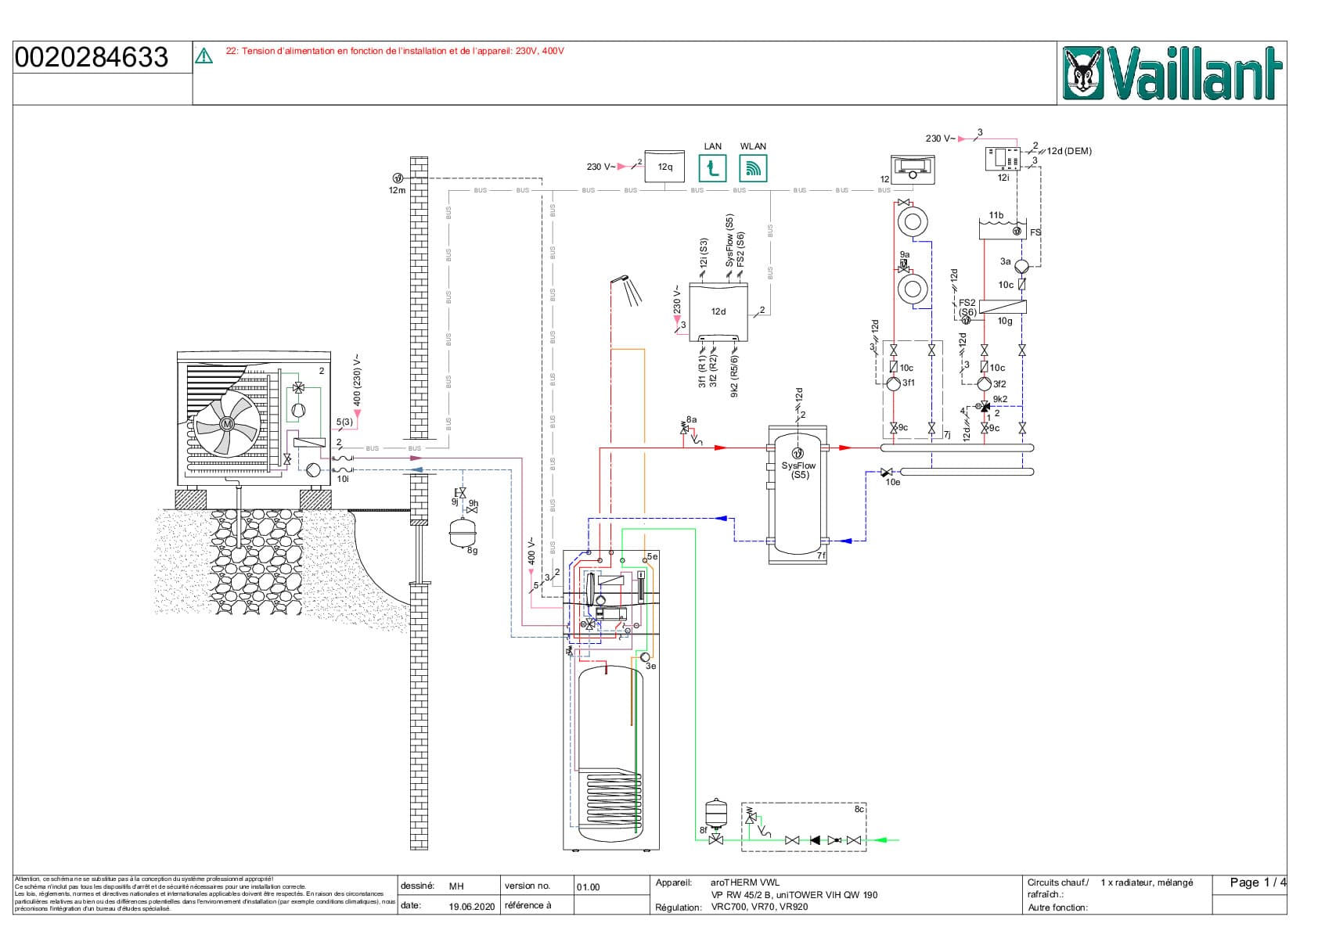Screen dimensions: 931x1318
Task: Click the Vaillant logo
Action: point(1172,73)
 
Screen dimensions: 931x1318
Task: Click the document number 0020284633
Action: point(92,57)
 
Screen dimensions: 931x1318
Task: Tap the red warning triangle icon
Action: point(203,56)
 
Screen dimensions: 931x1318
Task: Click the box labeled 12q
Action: point(664,167)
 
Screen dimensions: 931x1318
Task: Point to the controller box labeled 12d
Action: point(718,311)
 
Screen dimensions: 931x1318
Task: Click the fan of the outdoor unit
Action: point(227,423)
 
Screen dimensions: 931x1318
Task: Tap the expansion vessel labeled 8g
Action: point(462,533)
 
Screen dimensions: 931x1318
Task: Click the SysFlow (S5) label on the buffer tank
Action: point(798,469)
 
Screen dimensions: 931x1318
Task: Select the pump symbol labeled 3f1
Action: point(894,383)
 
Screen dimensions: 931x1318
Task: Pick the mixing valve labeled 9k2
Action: point(985,406)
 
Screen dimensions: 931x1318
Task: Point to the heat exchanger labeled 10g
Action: point(1003,307)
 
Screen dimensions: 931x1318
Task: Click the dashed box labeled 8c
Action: point(804,826)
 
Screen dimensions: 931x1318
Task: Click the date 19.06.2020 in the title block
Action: point(471,907)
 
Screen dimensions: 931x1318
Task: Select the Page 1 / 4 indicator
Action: point(1257,882)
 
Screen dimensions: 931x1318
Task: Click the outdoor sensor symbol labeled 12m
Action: point(397,178)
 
